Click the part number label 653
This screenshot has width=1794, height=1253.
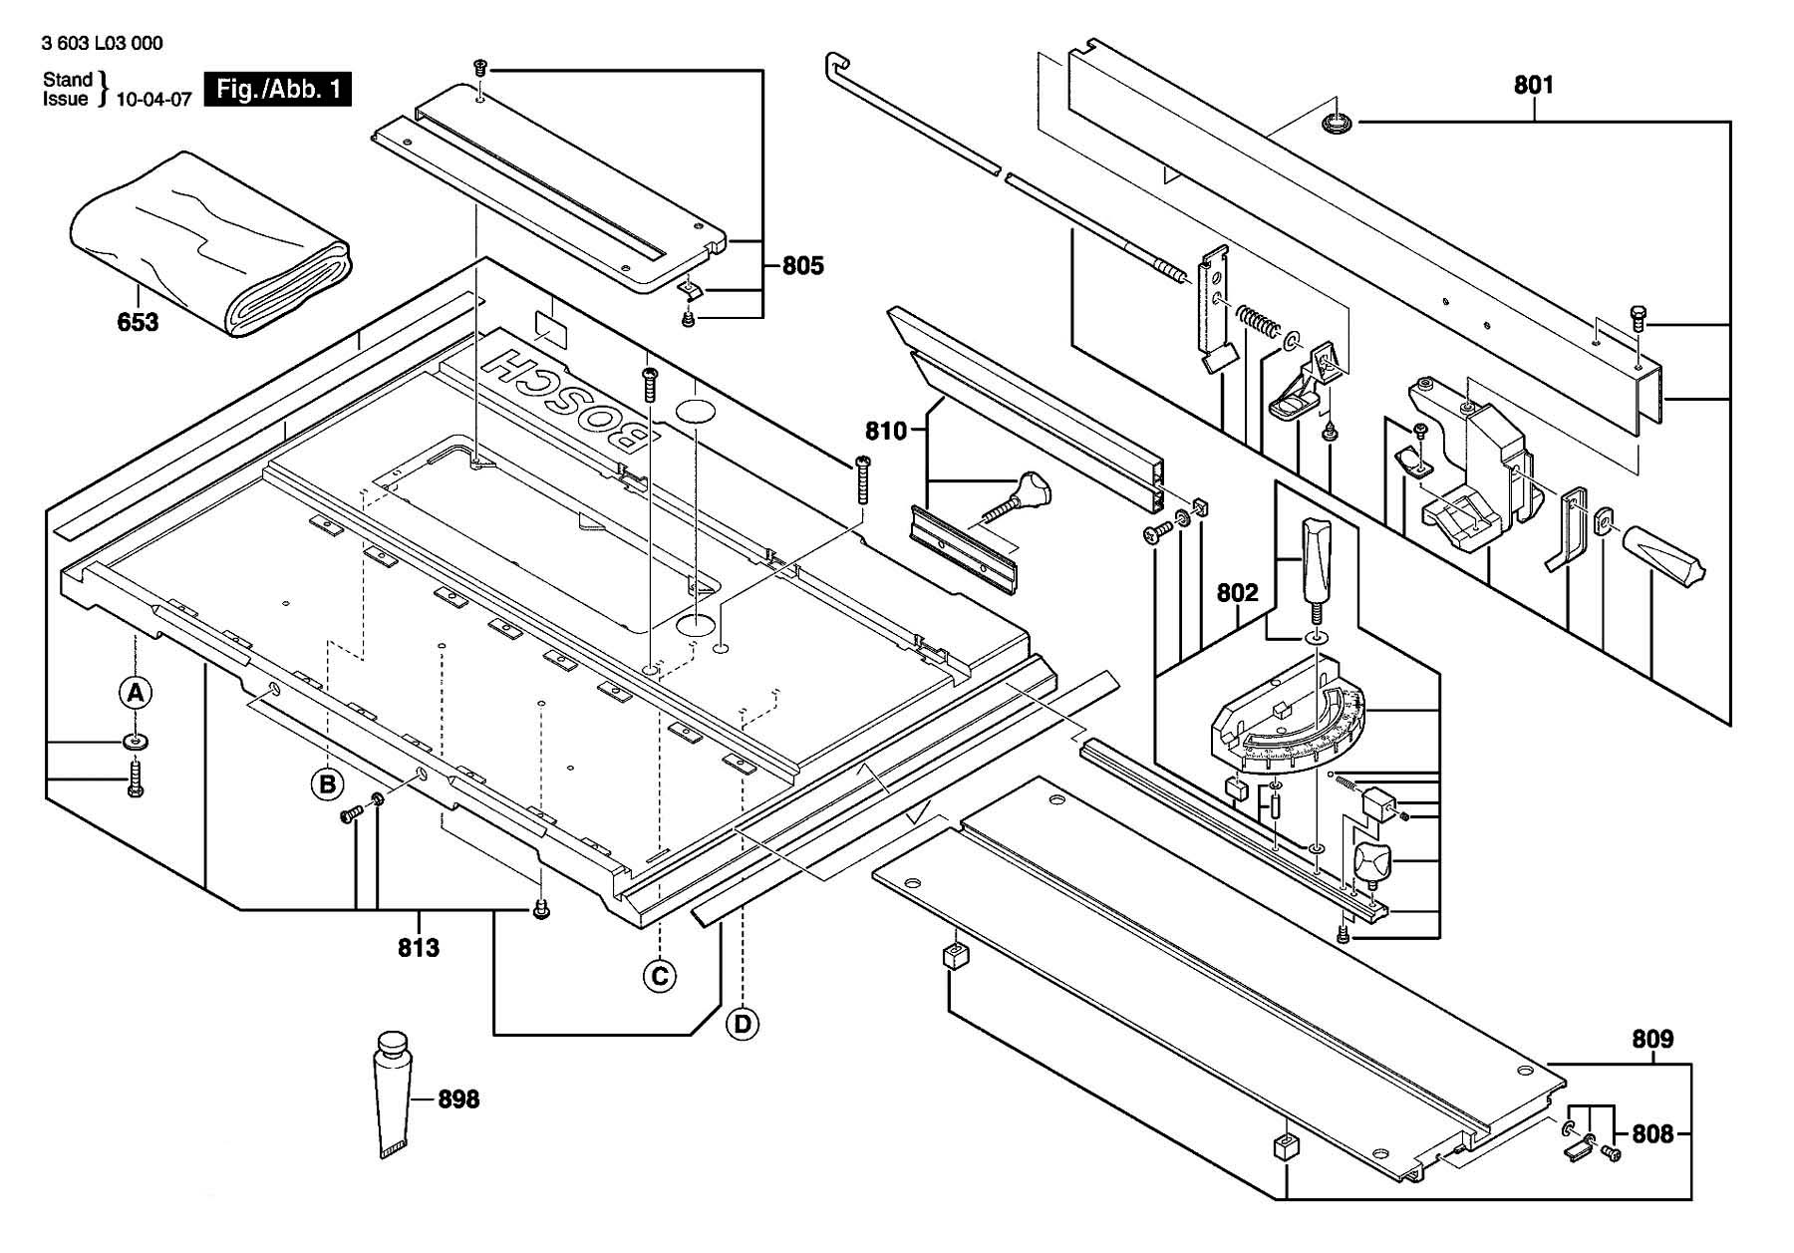pos(138,322)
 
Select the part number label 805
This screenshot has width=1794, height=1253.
pos(802,265)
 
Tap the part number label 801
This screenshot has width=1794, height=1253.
pos(1534,85)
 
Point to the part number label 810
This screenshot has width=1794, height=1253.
pos(886,431)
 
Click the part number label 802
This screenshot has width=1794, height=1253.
pos(1238,593)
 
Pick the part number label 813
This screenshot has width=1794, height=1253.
pos(419,947)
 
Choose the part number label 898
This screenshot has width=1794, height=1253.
pos(458,1099)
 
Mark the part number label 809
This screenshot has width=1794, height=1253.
pos(1652,1040)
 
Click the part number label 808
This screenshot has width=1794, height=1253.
pos(1652,1133)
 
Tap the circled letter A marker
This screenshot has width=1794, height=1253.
pos(136,692)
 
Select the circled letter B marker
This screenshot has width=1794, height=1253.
pos(327,784)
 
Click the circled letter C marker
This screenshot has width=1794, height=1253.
pos(659,976)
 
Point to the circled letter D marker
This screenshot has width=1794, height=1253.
pos(743,1024)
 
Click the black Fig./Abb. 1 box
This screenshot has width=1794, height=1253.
pos(277,89)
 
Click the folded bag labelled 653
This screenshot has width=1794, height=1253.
pos(209,249)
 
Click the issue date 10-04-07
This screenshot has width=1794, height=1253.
pos(153,99)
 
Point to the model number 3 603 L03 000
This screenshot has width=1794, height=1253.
pos(103,43)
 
